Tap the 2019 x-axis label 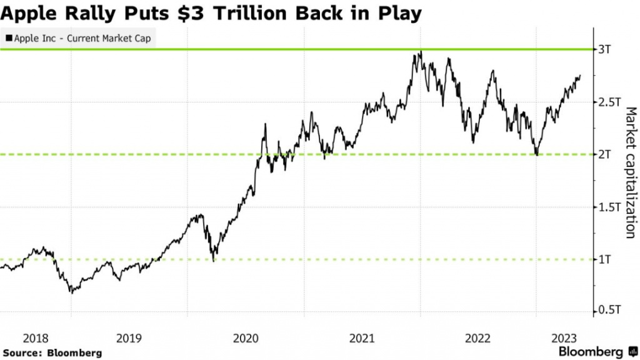(x=129, y=338)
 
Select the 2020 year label (x=246, y=338)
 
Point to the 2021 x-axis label (x=362, y=338)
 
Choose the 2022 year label (x=478, y=338)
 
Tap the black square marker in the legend (x=8, y=38)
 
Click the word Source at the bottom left (x=22, y=352)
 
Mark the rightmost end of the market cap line (x=580, y=76)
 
